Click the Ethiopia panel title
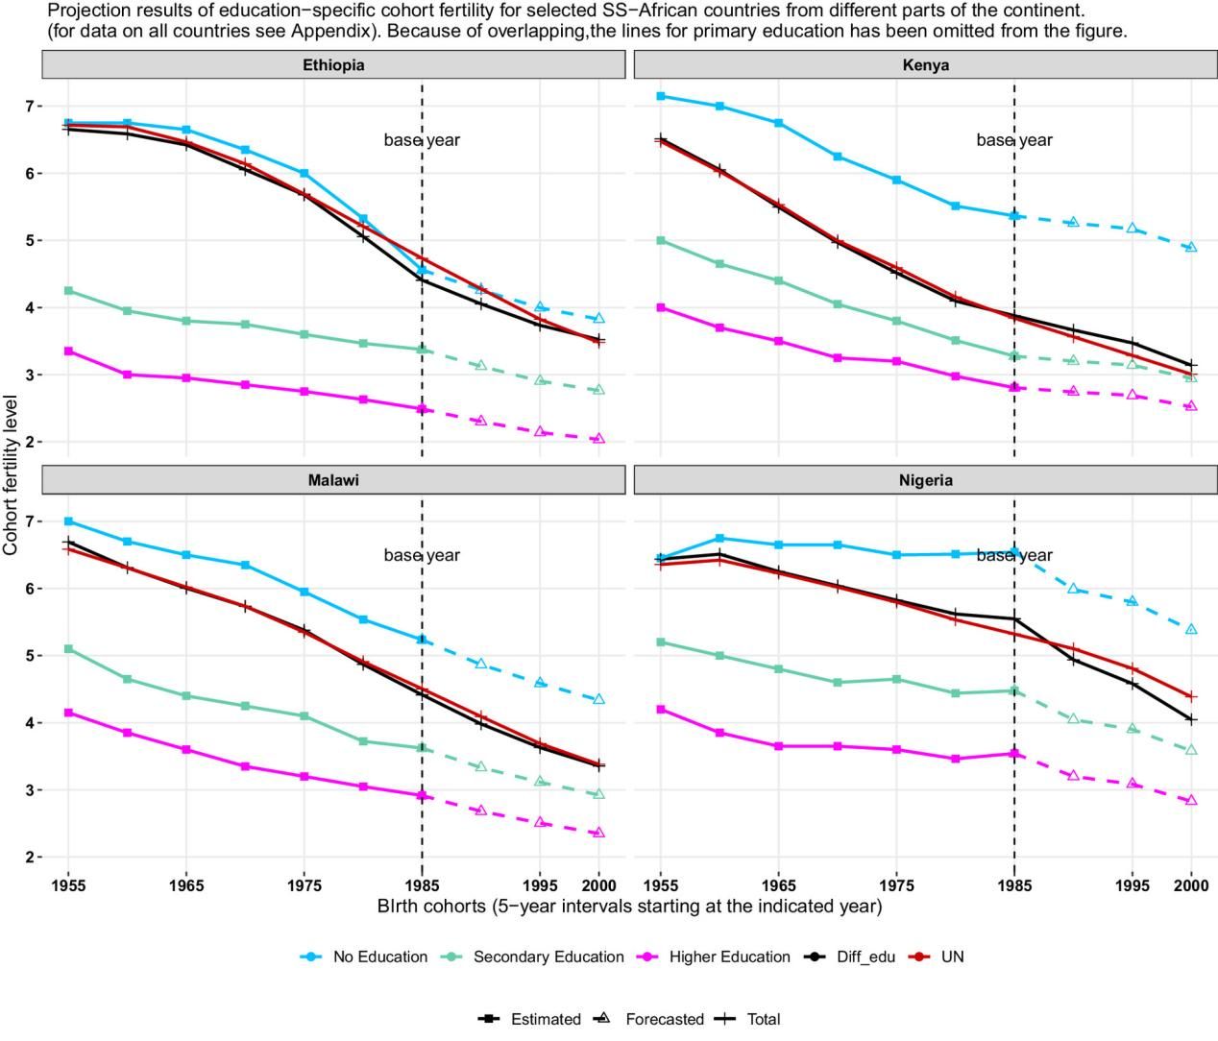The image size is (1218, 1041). coord(333,65)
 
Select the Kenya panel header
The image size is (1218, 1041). coord(926,65)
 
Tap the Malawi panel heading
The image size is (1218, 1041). coord(333,480)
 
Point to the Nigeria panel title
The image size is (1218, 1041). coord(926,480)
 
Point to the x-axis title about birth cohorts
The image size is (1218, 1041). coord(629,906)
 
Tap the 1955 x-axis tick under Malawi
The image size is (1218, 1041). coord(68,884)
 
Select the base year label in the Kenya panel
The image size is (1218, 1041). coord(1014,140)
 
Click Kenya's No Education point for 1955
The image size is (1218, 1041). coord(661,96)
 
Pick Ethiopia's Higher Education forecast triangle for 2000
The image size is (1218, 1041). coord(599,439)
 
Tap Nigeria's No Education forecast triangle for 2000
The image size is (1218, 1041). coord(1191,630)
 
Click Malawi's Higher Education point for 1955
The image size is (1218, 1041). coord(68,713)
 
